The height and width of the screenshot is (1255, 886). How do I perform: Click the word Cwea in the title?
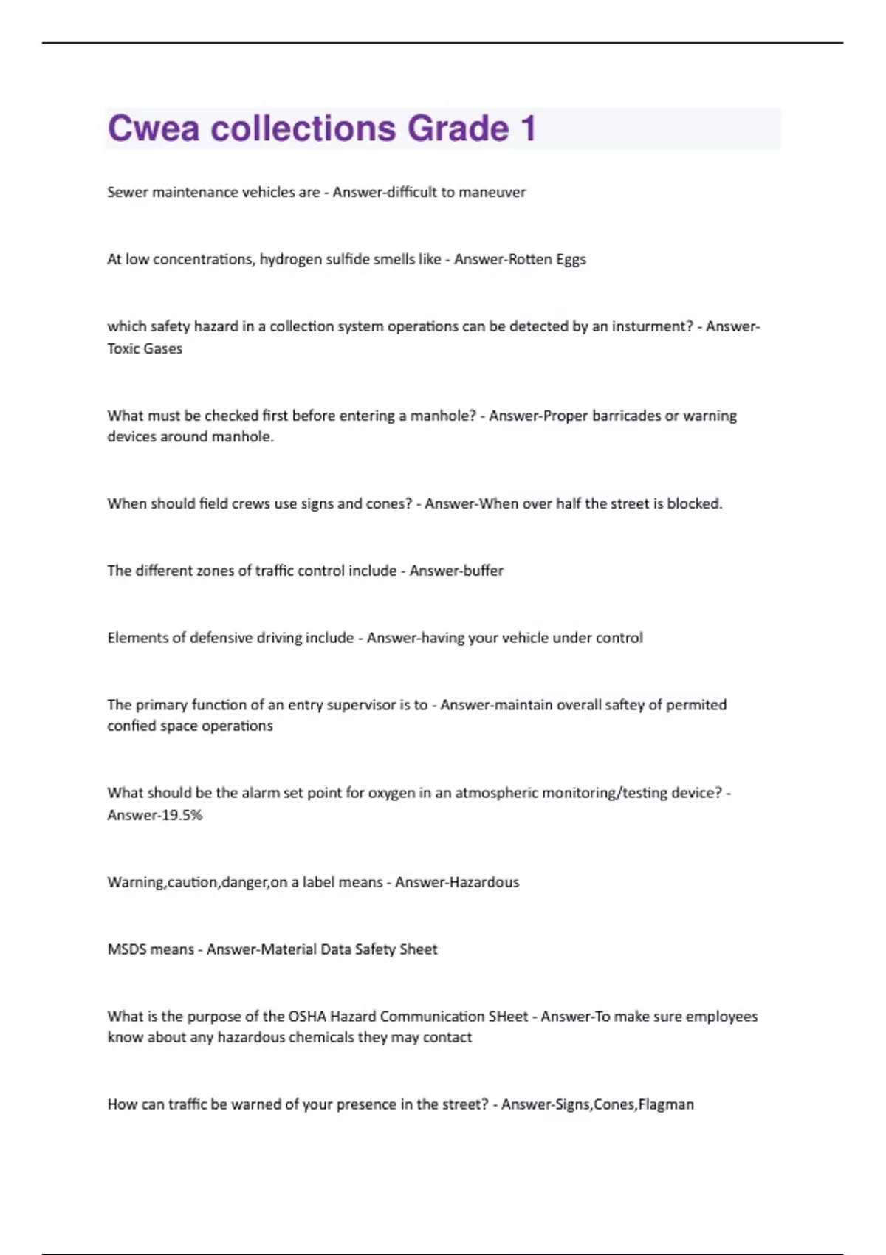coord(154,128)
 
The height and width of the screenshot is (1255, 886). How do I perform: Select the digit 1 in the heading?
coord(528,128)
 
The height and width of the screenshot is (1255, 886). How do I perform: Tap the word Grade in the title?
coord(458,128)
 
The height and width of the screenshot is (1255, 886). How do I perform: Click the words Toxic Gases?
coord(145,348)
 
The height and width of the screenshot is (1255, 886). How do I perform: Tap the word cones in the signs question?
coord(384,504)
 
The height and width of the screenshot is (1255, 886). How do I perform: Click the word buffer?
coord(481,571)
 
